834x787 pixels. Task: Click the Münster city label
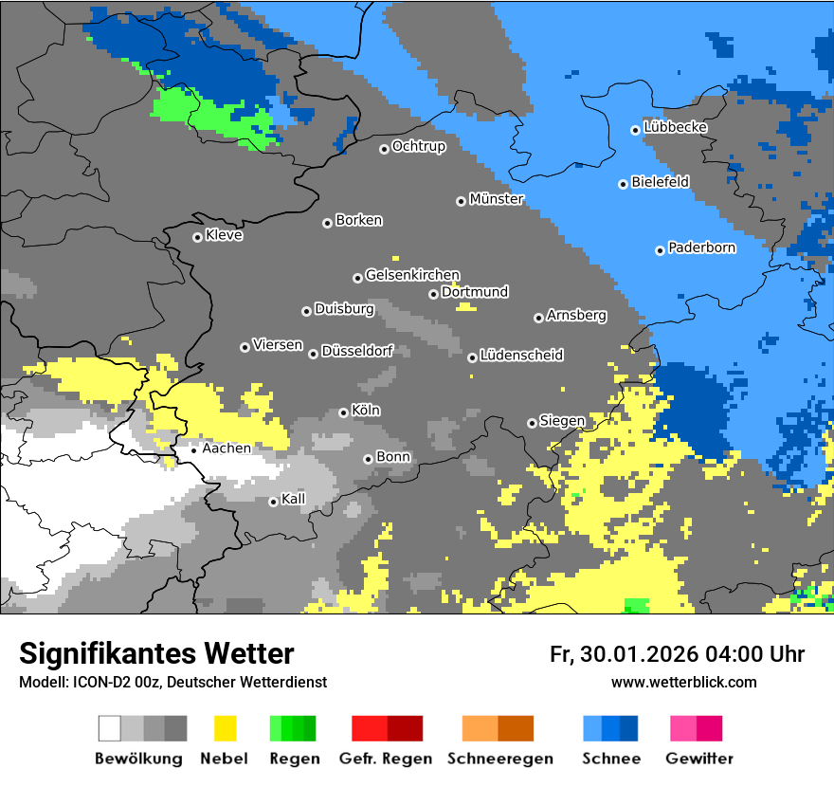(x=497, y=199)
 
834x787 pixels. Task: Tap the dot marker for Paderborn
(x=660, y=250)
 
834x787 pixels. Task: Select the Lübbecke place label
(x=676, y=127)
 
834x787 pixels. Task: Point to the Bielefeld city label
(x=661, y=182)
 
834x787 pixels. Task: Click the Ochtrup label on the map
(x=419, y=146)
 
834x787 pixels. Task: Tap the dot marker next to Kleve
(x=197, y=237)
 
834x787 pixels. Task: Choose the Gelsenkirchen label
(x=412, y=275)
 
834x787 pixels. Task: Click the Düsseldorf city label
(x=357, y=351)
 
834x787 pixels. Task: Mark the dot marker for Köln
(x=343, y=412)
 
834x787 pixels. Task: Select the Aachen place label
(x=227, y=448)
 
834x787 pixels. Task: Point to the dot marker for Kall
(x=273, y=502)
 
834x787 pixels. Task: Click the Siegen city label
(x=562, y=420)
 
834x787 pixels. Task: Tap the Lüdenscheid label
(x=521, y=355)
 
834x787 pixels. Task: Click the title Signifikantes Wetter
(x=156, y=653)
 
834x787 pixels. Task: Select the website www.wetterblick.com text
(x=683, y=682)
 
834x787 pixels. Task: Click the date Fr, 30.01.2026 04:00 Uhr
(x=677, y=654)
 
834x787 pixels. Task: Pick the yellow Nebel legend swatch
(x=225, y=728)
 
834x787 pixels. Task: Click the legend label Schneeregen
(x=500, y=759)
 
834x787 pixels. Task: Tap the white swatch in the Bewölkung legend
(x=110, y=728)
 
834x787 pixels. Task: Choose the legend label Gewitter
(x=699, y=759)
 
